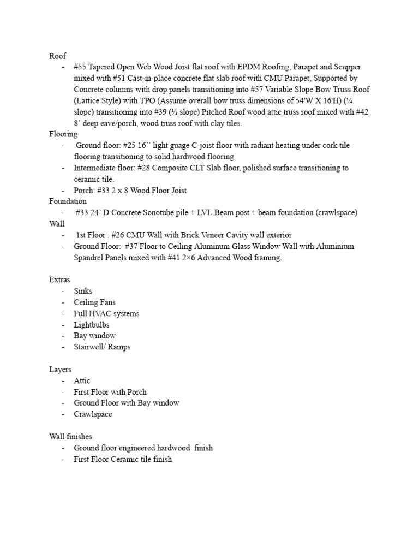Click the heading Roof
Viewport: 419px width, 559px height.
click(58, 56)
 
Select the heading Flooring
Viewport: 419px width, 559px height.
click(63, 134)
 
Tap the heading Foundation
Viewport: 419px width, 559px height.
click(68, 201)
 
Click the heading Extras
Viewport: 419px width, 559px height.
click(59, 280)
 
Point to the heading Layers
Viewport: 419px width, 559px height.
click(60, 370)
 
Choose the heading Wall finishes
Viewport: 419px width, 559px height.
click(70, 437)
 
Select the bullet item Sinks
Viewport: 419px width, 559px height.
click(83, 291)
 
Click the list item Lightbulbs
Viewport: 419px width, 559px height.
click(92, 325)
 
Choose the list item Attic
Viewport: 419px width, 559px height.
click(82, 381)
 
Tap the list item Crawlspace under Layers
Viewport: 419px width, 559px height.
click(93, 414)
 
